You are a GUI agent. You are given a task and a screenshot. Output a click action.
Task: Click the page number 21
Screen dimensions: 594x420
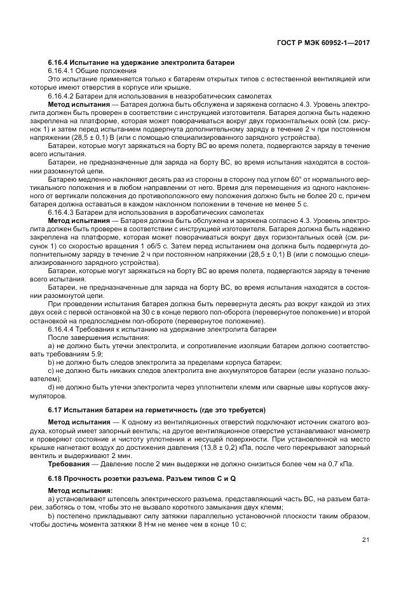point(365,540)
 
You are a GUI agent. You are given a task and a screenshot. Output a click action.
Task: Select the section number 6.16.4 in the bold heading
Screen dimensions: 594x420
point(60,62)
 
